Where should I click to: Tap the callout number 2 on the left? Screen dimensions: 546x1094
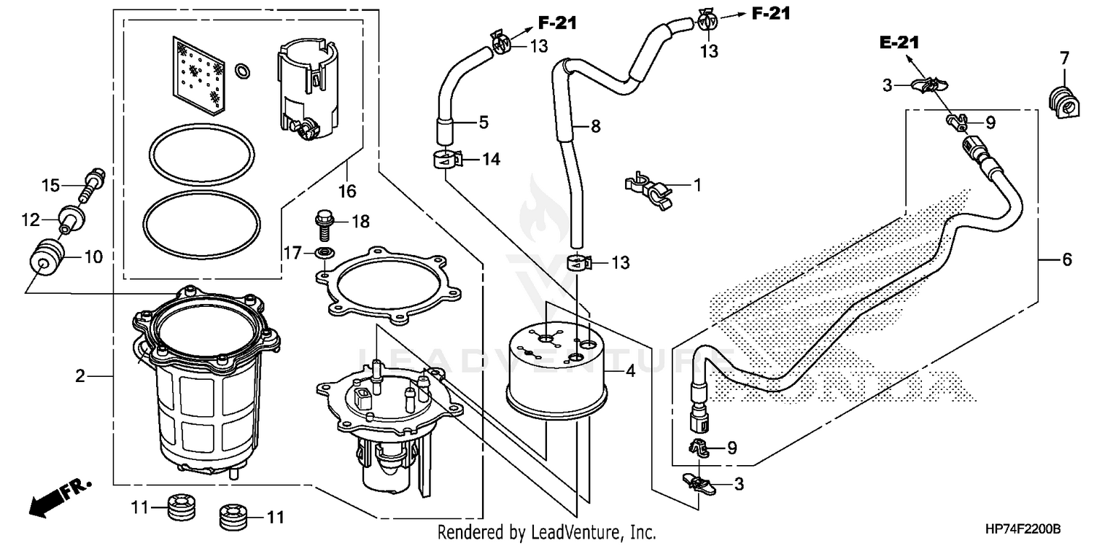coord(80,376)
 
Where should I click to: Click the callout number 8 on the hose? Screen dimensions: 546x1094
coord(595,126)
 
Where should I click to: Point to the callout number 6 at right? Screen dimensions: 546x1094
coord(1066,259)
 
